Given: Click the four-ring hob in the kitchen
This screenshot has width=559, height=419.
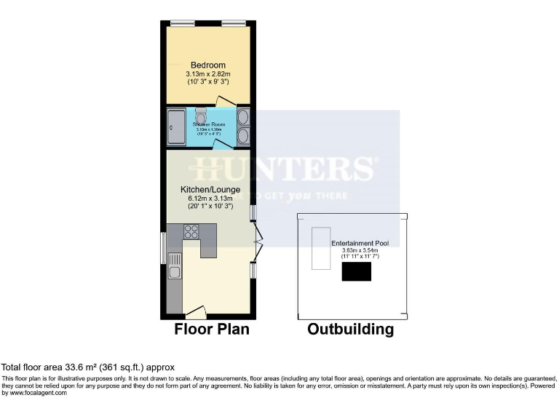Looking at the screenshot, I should [192, 232].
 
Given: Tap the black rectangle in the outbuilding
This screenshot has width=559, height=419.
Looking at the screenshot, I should [357, 272].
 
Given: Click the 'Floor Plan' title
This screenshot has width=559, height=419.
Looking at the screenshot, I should [211, 330].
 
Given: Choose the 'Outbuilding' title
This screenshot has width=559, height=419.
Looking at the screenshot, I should [350, 330].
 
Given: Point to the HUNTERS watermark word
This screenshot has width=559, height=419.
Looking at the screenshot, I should [284, 169].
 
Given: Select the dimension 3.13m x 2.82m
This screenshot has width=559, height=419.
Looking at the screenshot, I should [207, 73].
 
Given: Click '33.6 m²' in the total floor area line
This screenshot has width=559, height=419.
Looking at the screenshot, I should [77, 367].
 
